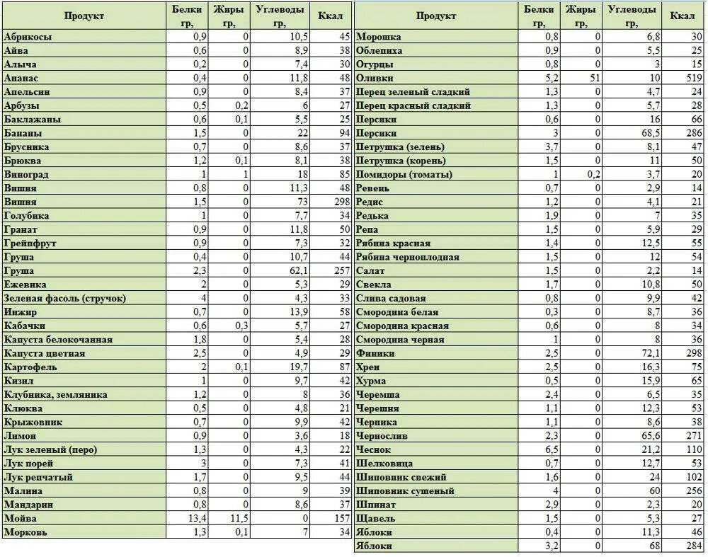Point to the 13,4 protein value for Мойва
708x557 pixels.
[x=194, y=519]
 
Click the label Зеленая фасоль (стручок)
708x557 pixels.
[x=65, y=299]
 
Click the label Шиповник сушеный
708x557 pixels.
[x=405, y=491]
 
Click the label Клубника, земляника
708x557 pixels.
[x=56, y=395]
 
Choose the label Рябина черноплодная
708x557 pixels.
[x=408, y=257]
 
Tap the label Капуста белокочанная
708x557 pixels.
[x=59, y=340]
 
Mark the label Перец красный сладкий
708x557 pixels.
[x=413, y=105]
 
